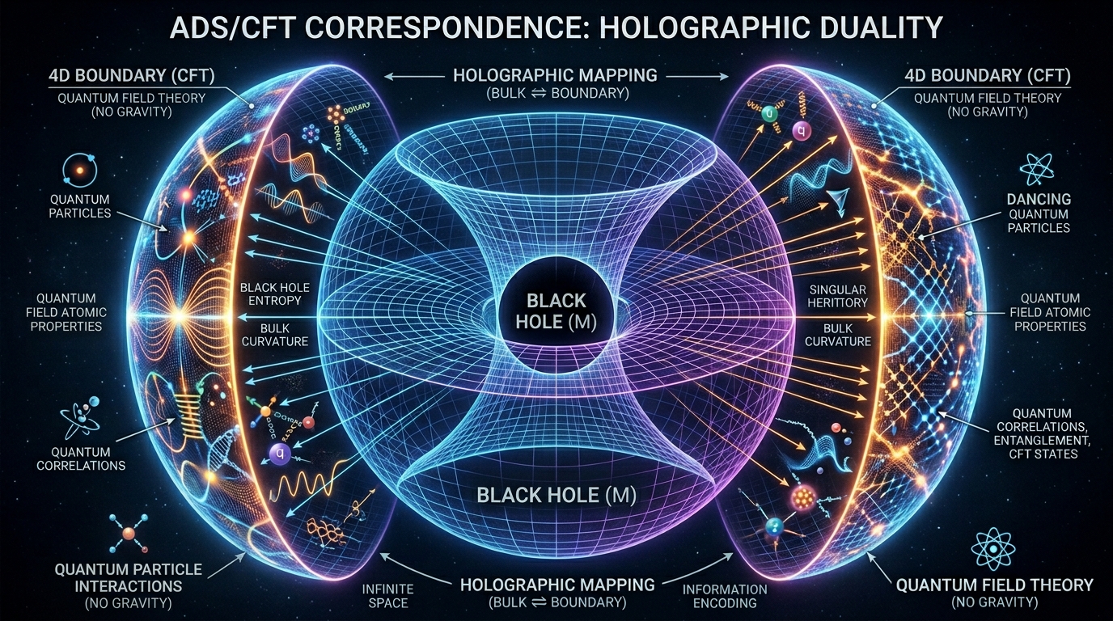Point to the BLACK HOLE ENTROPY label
click(x=271, y=294)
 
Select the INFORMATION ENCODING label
click(x=724, y=596)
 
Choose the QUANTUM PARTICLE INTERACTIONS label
click(x=129, y=577)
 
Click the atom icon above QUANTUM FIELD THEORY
click(x=993, y=547)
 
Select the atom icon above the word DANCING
click(x=1038, y=167)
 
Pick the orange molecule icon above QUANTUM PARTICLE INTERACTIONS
click(x=127, y=534)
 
